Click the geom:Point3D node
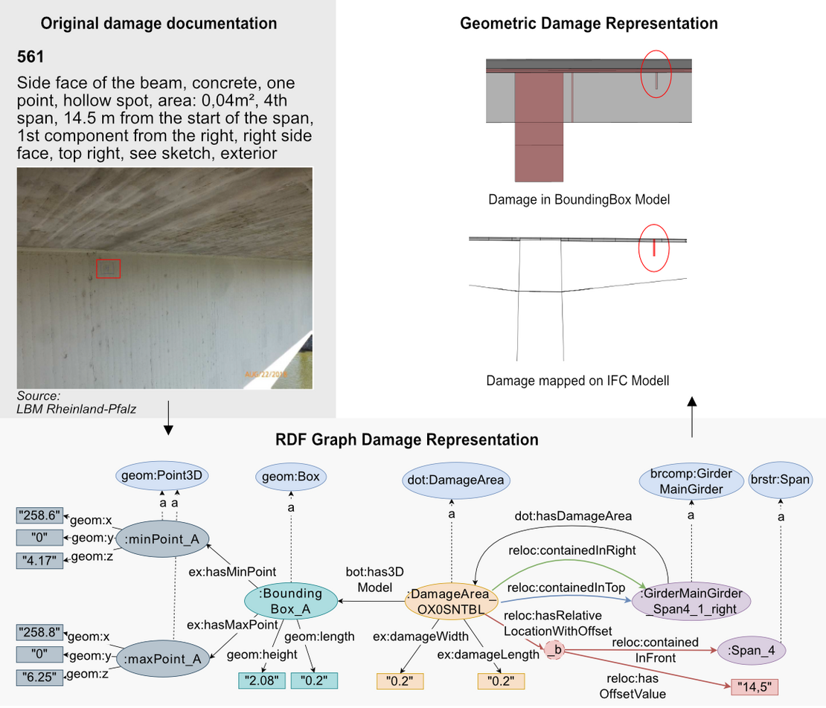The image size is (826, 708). pos(161,475)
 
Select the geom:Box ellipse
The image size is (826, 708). pos(291,477)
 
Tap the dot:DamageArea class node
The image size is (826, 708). pos(455,480)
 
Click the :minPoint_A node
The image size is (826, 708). pos(162,538)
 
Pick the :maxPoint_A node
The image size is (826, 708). pos(163,658)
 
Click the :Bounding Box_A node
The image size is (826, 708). pos(291,601)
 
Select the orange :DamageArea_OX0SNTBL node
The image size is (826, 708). pos(451,602)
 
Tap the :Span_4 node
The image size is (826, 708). pos(751,651)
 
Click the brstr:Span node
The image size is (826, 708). pos(780,480)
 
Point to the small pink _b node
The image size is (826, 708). pos(554,651)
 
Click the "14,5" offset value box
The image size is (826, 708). pos(755,687)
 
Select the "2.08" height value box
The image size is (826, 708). pos(262,680)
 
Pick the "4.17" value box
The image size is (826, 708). pos(39,561)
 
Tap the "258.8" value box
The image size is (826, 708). pos(39,631)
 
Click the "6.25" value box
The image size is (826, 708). pos(39,677)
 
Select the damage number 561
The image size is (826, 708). pos(30,57)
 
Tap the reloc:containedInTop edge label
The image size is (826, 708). pos(566,588)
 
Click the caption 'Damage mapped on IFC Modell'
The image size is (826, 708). pos(578,381)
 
